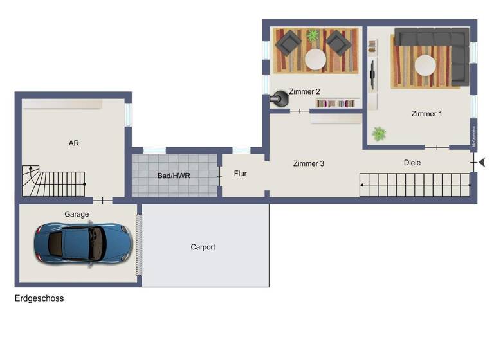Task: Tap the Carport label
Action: click(x=203, y=247)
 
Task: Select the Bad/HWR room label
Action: click(x=174, y=175)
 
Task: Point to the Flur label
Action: click(x=240, y=174)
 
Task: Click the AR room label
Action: click(x=73, y=143)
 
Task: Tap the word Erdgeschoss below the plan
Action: click(x=39, y=298)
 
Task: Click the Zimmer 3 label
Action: click(x=308, y=163)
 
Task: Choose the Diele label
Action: click(x=412, y=163)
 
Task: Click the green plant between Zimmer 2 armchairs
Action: click(x=313, y=36)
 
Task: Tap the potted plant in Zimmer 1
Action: click(x=379, y=134)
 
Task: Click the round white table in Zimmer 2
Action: click(x=315, y=60)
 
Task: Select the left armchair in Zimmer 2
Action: click(x=288, y=43)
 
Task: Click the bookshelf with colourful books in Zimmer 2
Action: click(x=336, y=103)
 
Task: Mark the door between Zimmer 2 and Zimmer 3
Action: click(x=299, y=111)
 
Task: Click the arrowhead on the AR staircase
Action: click(x=85, y=185)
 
